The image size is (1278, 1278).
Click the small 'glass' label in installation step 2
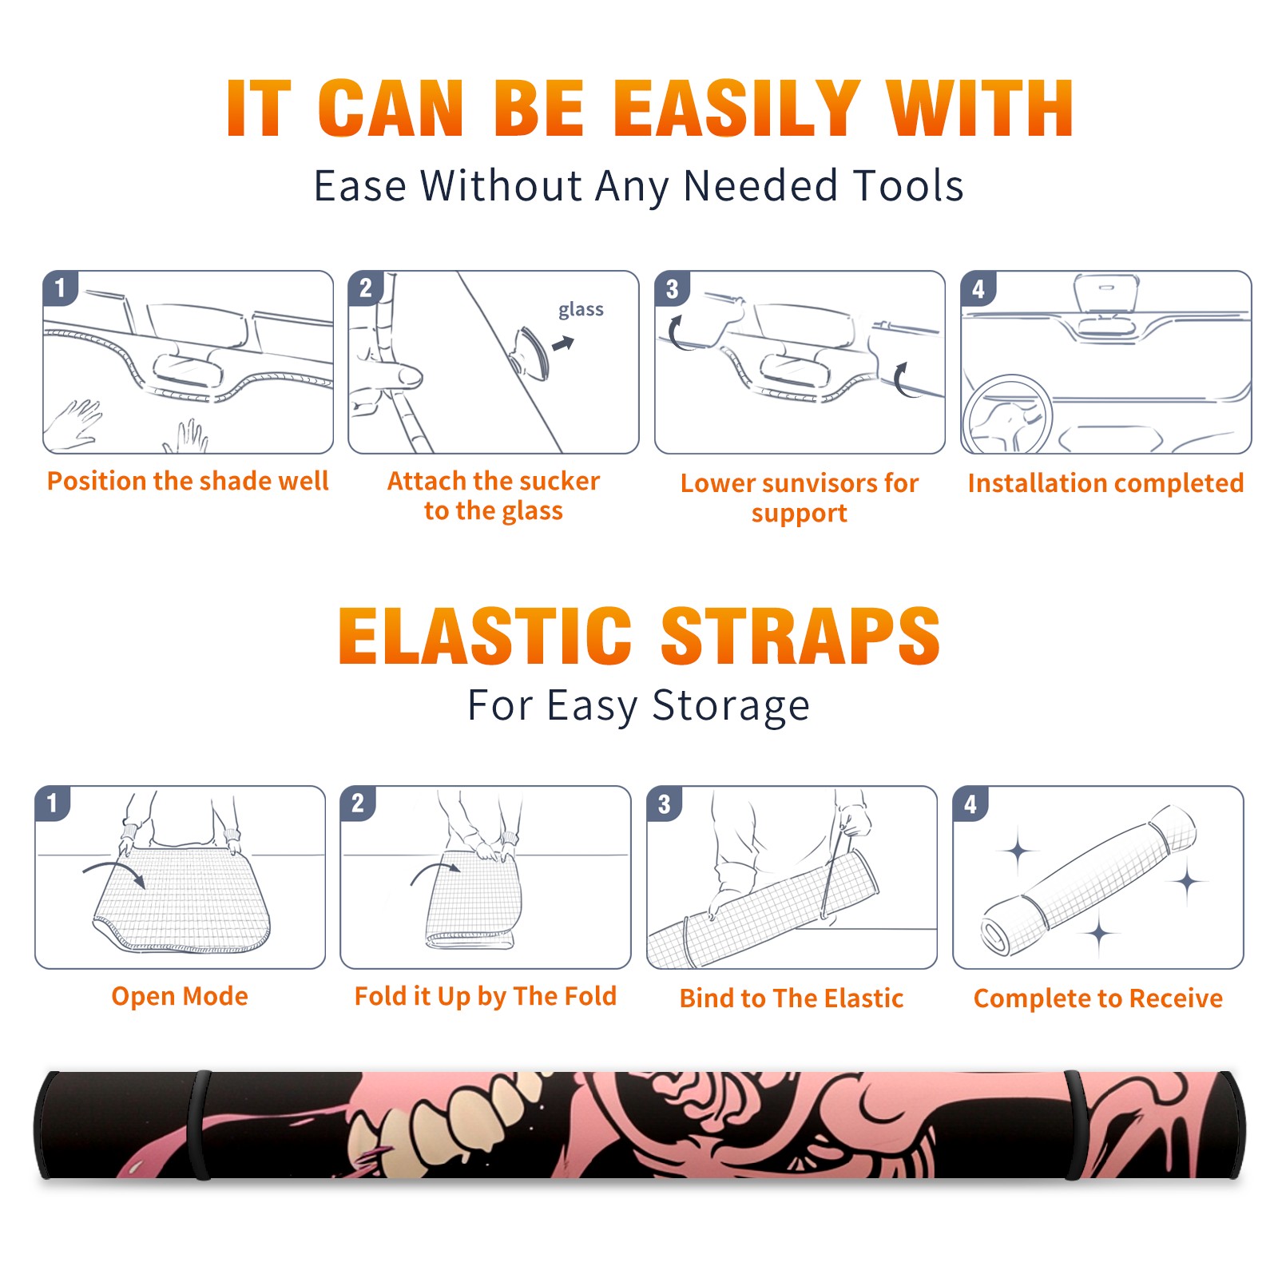click(x=581, y=310)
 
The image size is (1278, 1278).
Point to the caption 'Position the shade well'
click(x=188, y=481)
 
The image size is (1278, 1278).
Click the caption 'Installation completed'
click(x=1105, y=483)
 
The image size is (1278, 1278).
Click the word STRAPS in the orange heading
click(x=800, y=636)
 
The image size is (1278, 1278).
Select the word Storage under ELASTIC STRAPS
click(x=731, y=706)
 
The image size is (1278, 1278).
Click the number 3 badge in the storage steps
click(x=665, y=804)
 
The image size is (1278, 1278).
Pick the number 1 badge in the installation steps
click(x=61, y=288)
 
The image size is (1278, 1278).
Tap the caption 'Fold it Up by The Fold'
click(x=486, y=996)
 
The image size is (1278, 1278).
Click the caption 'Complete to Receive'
click(x=1098, y=998)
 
